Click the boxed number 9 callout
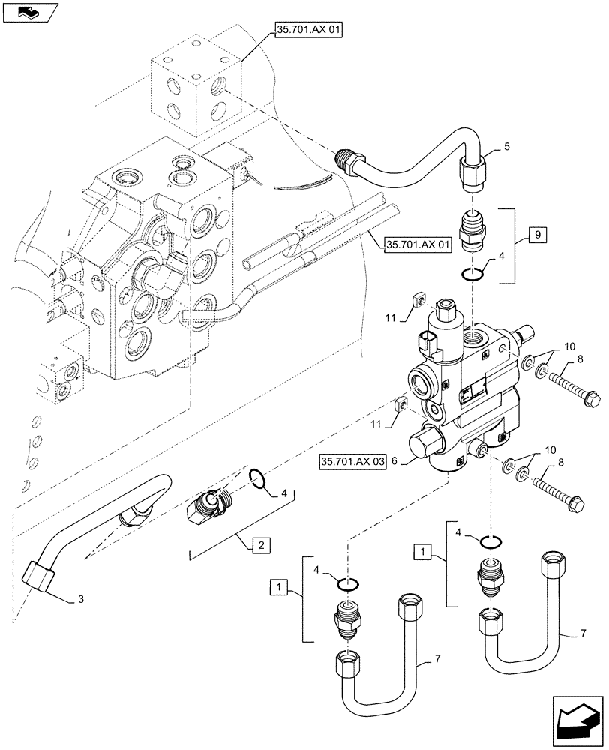pos(538,235)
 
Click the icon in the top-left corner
pos(29,11)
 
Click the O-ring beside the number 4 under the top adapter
pos(471,275)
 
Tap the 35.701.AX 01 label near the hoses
pos(412,244)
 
